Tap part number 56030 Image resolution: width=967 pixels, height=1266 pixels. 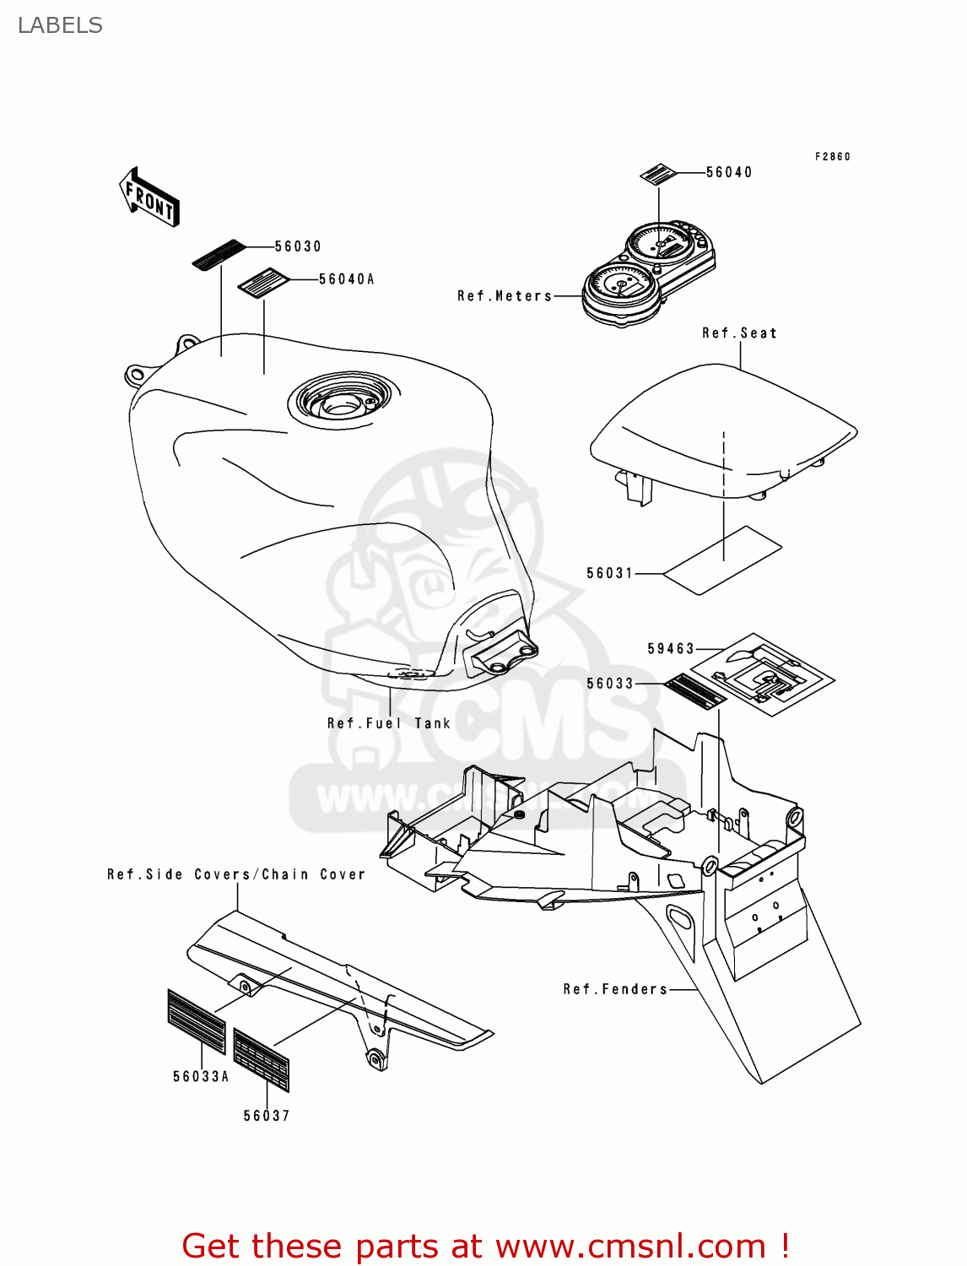298,246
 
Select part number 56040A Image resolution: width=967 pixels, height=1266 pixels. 346,279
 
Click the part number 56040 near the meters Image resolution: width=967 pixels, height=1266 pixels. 729,172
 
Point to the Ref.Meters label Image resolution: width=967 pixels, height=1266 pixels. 505,296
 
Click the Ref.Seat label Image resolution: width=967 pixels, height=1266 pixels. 739,333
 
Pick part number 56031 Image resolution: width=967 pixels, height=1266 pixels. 609,573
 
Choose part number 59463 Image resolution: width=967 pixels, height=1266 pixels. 671,649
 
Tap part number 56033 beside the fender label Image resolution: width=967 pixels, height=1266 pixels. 609,684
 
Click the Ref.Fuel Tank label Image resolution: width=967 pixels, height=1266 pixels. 389,723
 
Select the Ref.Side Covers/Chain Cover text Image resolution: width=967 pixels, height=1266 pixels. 236,874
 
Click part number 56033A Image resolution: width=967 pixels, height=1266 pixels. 201,1076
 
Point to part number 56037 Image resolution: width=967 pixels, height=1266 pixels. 267,1116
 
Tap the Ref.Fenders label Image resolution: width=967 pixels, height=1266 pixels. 615,989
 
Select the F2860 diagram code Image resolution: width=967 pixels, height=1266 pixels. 832,156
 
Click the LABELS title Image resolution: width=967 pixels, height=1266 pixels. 60,25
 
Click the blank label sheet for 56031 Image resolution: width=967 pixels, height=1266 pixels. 723,560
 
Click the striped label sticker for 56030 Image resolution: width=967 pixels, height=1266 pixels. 219,255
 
